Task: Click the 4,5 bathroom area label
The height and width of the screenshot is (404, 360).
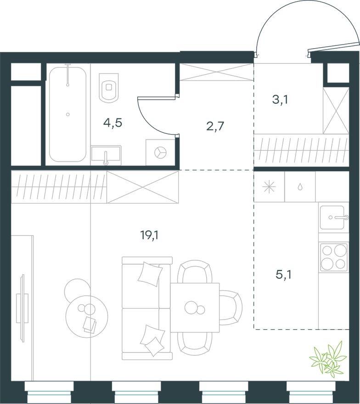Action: click(x=112, y=123)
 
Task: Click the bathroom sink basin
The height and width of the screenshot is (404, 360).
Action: click(x=106, y=155)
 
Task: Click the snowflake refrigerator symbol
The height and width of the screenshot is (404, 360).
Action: click(x=268, y=187)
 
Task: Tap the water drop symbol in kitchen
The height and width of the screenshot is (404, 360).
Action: click(x=299, y=187)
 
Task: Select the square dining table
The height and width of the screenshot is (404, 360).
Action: click(x=195, y=307)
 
